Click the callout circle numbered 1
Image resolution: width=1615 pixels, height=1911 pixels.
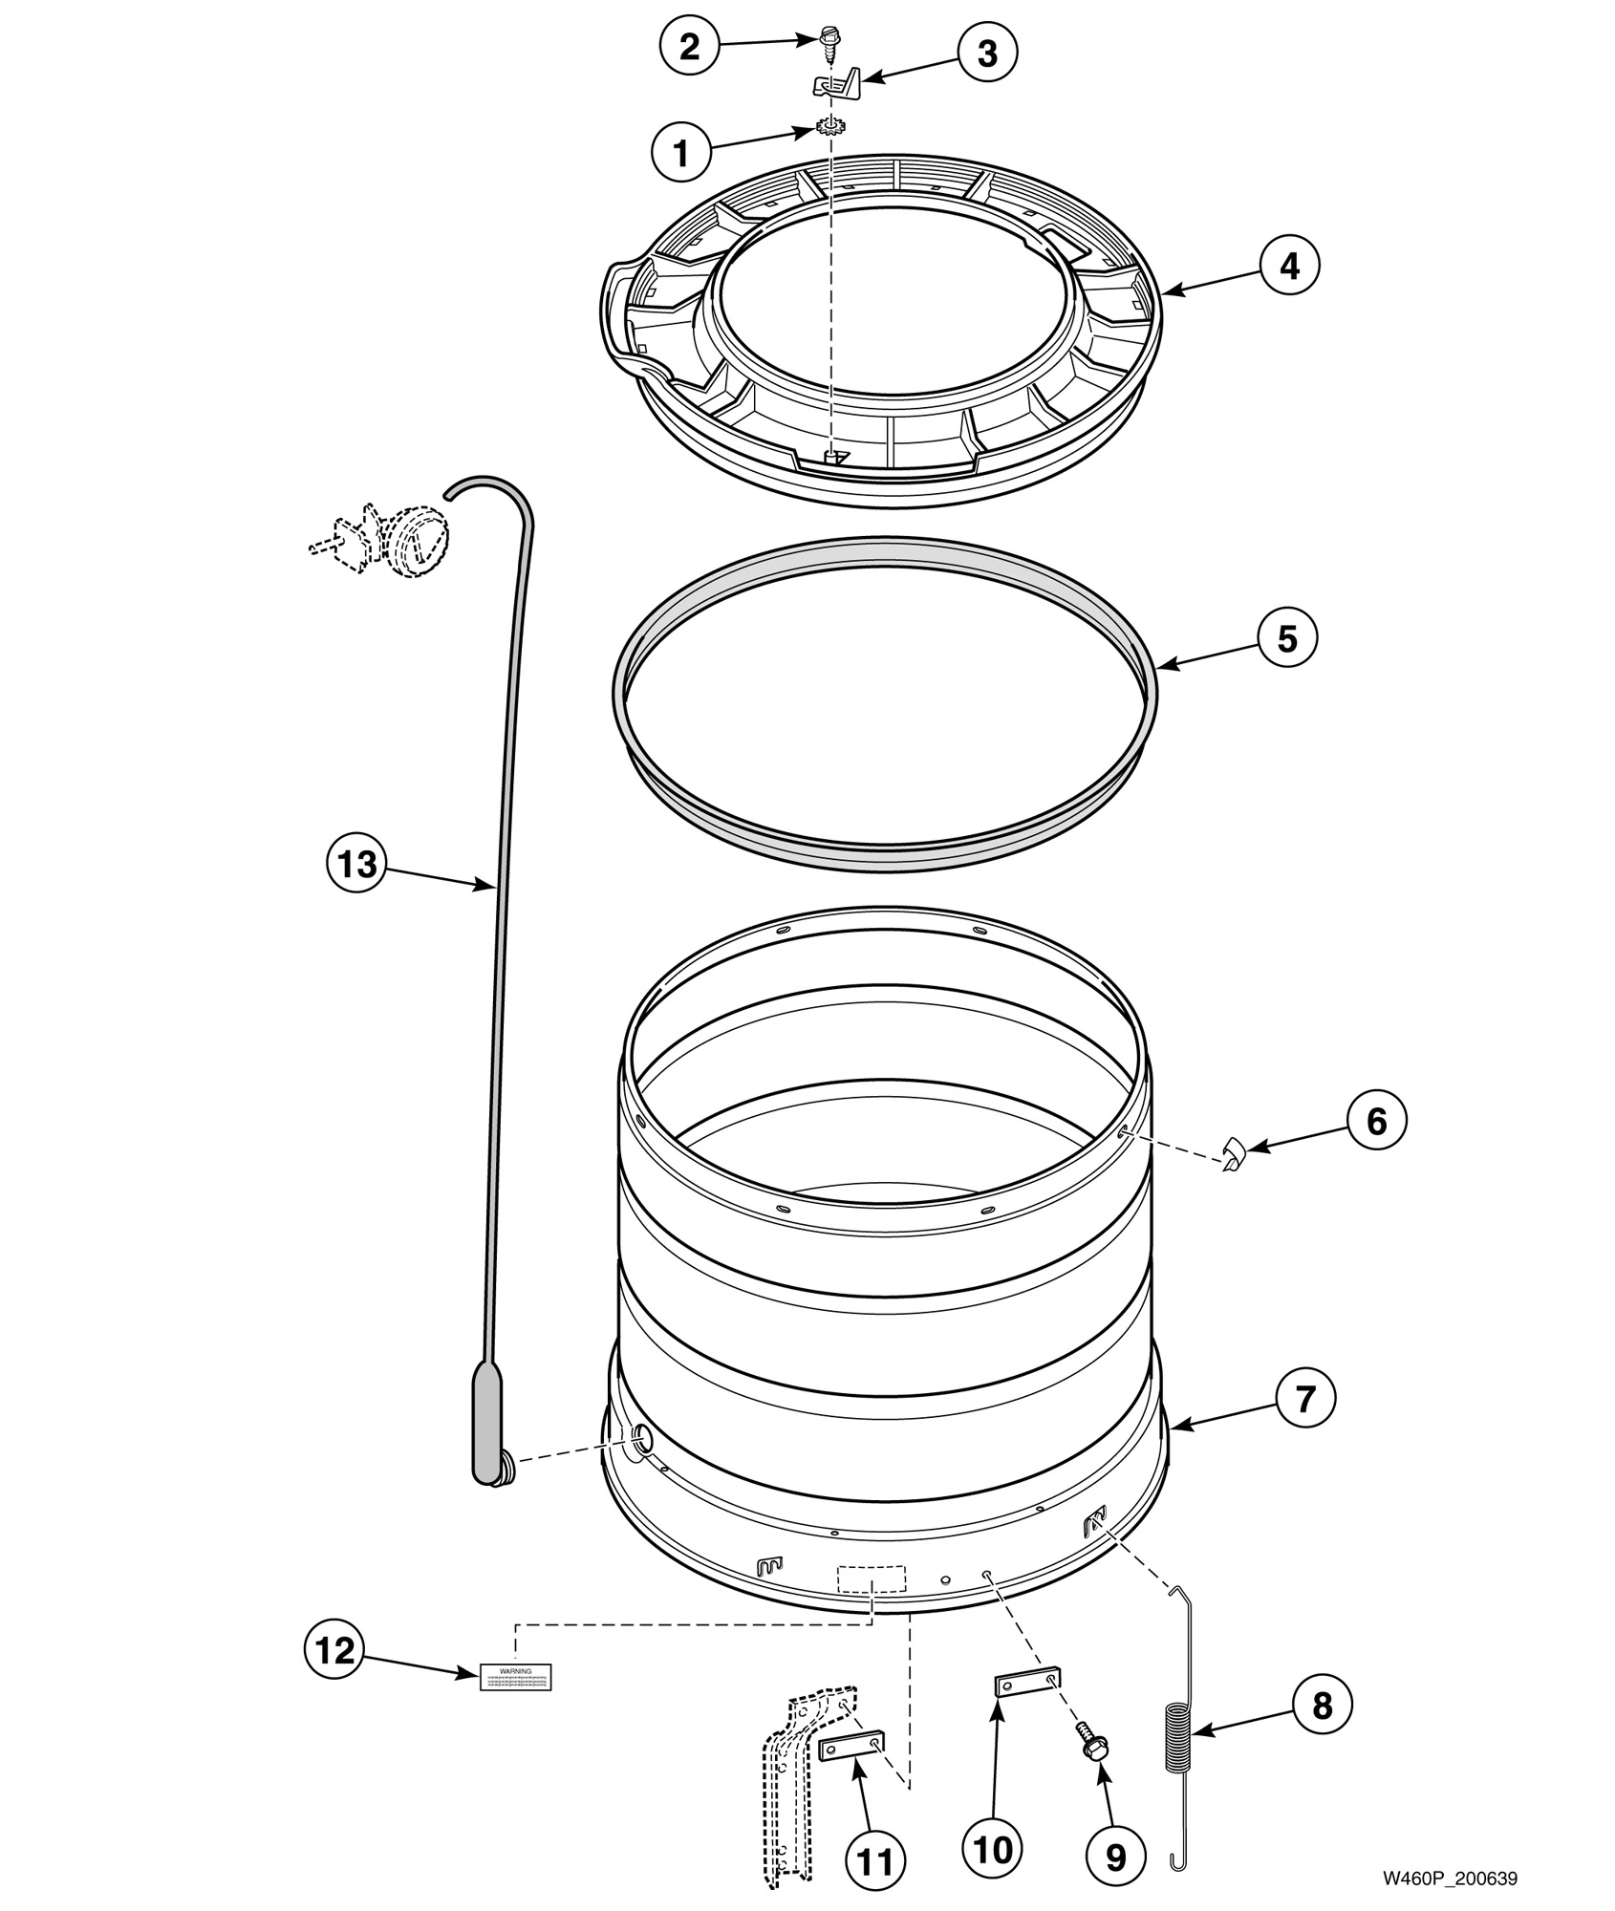pyautogui.click(x=681, y=153)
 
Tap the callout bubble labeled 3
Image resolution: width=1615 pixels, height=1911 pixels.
pyautogui.click(x=986, y=54)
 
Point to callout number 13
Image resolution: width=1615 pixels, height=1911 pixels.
pyautogui.click(x=355, y=864)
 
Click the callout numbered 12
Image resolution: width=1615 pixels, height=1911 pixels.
pyautogui.click(x=334, y=1650)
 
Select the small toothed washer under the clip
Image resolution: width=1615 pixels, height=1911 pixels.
pyautogui.click(x=830, y=125)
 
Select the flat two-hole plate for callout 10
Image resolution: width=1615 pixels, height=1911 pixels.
pyautogui.click(x=1026, y=1684)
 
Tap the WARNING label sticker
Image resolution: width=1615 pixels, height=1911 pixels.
pyautogui.click(x=516, y=1676)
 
